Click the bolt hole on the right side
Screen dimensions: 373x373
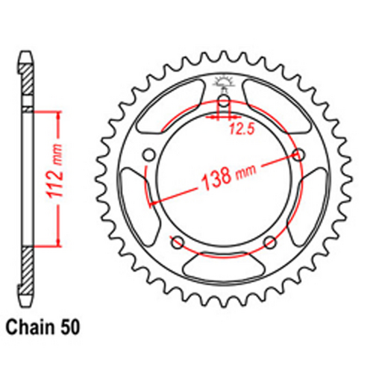point(300,155)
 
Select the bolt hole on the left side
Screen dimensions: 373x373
point(148,155)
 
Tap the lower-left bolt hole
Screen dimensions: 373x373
point(178,242)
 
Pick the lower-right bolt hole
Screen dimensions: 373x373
point(270,242)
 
